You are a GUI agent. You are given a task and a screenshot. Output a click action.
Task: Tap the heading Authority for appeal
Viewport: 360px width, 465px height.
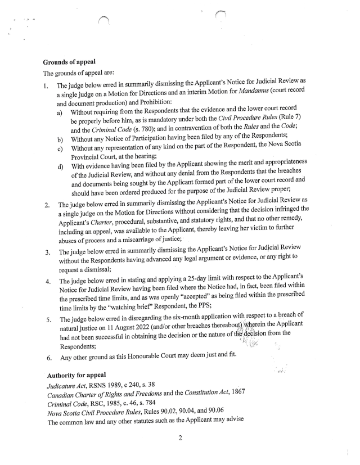(x=74, y=374)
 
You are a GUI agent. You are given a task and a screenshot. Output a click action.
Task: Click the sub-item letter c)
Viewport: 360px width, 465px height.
(x=60, y=148)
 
